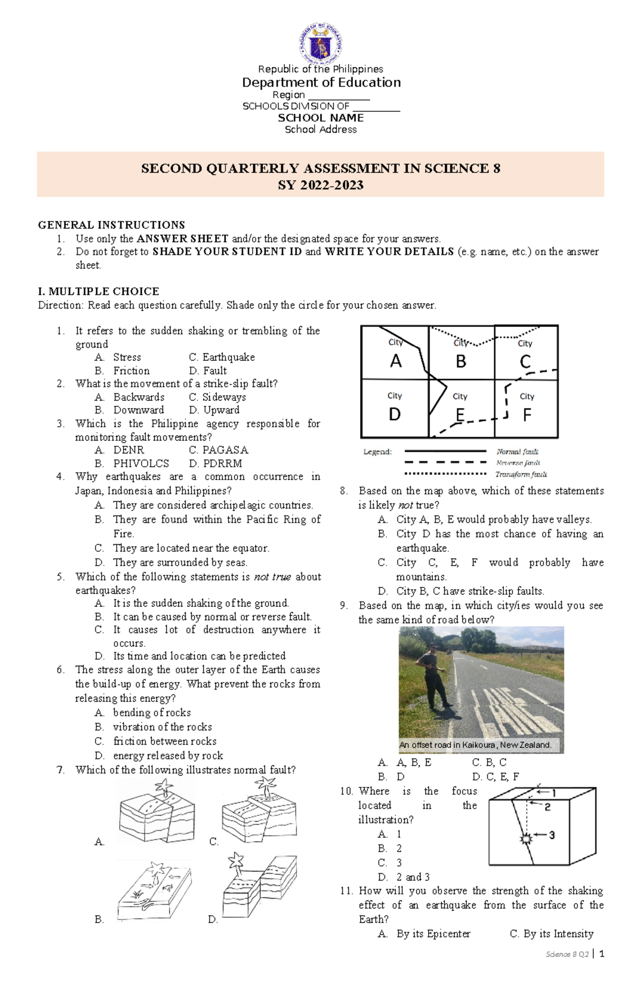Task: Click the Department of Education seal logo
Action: tap(320, 44)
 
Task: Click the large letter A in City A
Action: tap(395, 361)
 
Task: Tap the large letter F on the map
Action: tap(527, 415)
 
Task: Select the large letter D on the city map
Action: tap(395, 414)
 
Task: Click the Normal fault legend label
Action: tap(517, 452)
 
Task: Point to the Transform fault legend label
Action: tap(521, 474)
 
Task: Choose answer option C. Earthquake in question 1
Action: tap(221, 357)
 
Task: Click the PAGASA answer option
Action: tap(225, 450)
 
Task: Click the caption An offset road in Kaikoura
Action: tap(475, 745)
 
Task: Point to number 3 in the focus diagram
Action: tap(552, 835)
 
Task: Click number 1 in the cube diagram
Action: tap(554, 793)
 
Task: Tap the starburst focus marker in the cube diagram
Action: tap(526, 838)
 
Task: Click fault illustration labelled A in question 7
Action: tap(157, 813)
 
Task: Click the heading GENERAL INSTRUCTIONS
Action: tap(111, 225)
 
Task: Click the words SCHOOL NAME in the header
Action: tap(320, 118)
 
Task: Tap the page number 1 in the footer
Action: tap(602, 954)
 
